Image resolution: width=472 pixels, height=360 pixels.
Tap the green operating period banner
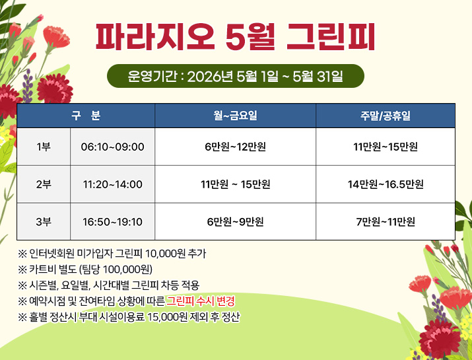tap(235, 76)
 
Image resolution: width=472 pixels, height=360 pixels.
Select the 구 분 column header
tap(86, 116)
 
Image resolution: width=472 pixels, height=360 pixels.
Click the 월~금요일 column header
tap(235, 116)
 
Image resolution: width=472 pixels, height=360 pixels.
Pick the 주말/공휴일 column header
tap(386, 116)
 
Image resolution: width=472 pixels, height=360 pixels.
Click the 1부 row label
tap(44, 147)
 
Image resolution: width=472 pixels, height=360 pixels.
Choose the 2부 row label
tap(44, 184)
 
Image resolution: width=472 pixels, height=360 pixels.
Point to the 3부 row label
tap(44, 221)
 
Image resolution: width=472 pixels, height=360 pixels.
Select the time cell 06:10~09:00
tap(112, 147)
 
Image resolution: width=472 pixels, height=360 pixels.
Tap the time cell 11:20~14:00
tap(112, 184)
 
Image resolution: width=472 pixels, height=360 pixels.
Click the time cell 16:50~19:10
tap(112, 221)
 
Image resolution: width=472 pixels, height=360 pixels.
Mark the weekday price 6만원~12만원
tap(235, 147)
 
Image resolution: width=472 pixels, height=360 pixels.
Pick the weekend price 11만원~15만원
tap(386, 147)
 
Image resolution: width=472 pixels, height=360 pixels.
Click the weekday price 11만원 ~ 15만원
tap(235, 184)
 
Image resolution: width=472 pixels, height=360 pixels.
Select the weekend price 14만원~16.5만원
tap(386, 184)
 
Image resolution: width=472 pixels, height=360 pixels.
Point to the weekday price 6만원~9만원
tap(235, 221)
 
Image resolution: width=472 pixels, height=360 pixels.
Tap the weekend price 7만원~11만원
tap(386, 221)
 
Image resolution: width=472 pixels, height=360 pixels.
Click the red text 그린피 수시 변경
tap(201, 301)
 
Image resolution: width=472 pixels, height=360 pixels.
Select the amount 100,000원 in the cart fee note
tap(129, 270)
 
